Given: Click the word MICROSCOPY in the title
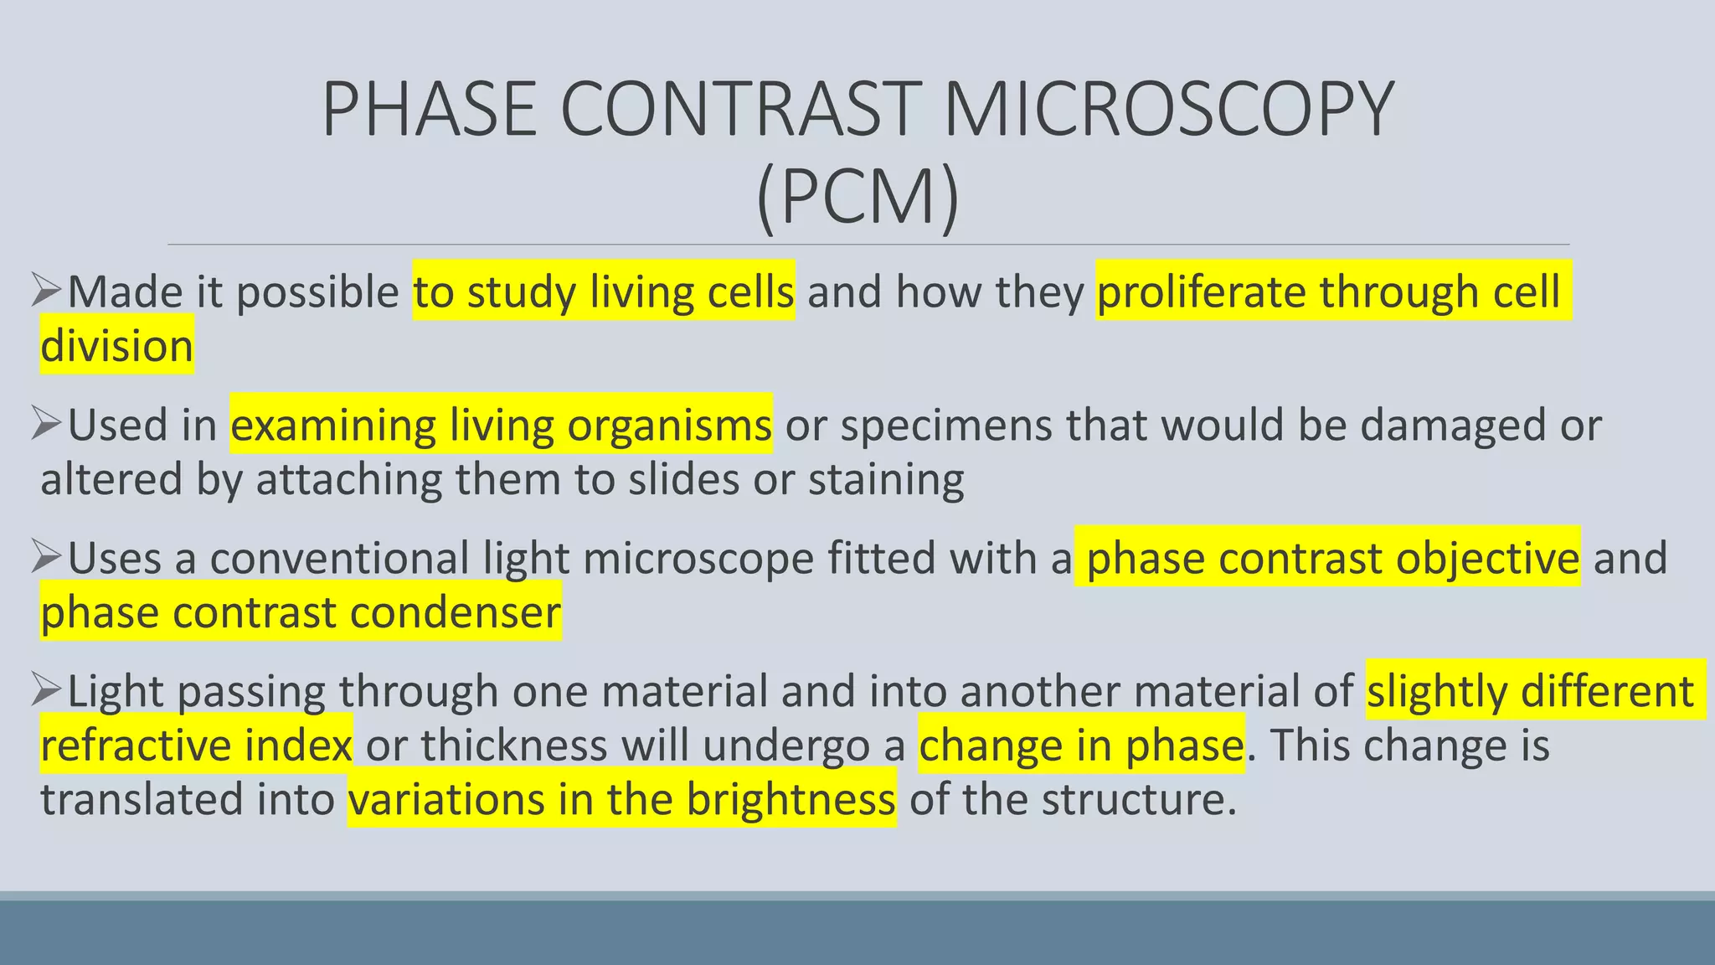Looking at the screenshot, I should tap(1168, 109).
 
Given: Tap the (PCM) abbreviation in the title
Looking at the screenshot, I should tap(857, 197).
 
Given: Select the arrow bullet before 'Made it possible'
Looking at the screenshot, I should tap(47, 290).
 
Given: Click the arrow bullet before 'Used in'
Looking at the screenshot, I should tap(47, 423).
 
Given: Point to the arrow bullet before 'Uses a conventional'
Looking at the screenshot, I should tap(47, 556).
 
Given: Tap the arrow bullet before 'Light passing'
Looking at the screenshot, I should tap(47, 689).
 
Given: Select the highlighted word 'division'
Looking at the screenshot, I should tap(117, 345).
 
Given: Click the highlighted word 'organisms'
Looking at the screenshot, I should tap(669, 425).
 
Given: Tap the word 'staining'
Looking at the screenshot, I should tap(886, 479).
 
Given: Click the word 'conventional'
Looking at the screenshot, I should tap(339, 558).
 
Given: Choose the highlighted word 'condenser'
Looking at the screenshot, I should tap(456, 612).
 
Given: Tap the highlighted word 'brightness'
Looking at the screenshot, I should tap(791, 799).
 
